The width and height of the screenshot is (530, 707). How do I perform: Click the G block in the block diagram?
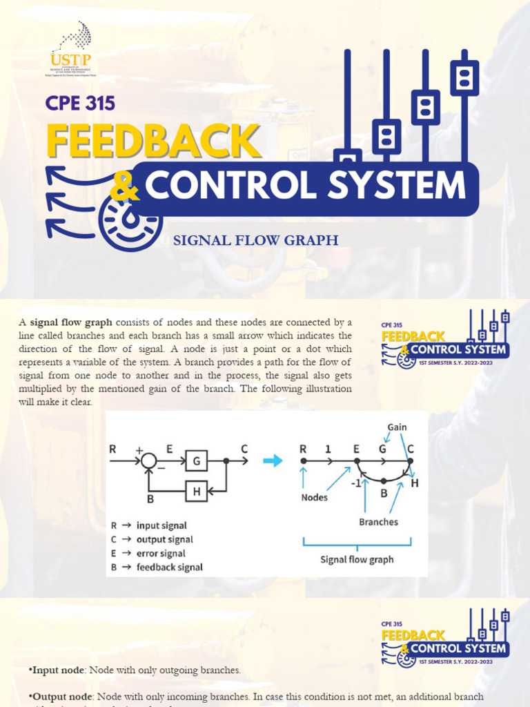(195, 461)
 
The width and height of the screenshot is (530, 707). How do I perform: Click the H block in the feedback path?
(195, 491)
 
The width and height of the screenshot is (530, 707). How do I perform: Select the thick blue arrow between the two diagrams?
(273, 461)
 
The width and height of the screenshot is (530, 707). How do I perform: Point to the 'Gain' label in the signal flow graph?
(397, 427)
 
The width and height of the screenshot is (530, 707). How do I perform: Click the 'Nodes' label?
(315, 496)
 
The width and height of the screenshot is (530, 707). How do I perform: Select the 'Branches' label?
(378, 522)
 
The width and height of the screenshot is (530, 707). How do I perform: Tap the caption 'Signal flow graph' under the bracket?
(357, 559)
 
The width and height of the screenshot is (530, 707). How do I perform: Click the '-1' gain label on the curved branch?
(356, 483)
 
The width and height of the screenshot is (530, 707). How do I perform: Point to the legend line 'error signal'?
(161, 553)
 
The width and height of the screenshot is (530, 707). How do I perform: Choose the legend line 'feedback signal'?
(169, 567)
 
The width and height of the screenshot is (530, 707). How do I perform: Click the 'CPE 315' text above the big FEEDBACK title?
(80, 104)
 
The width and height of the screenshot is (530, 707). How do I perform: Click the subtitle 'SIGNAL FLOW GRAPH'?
(255, 240)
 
